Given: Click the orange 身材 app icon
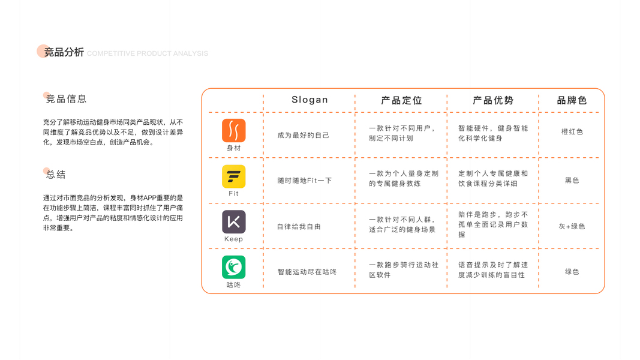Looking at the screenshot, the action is click(233, 130).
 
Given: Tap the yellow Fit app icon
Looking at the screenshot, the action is click(233, 176).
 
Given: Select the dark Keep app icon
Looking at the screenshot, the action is click(233, 222).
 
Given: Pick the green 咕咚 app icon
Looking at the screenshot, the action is click(233, 268).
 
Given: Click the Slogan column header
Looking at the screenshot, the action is click(310, 100).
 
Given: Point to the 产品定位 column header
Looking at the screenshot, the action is click(401, 100).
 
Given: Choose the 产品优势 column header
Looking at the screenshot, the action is click(493, 100).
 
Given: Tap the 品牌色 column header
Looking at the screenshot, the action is click(572, 100).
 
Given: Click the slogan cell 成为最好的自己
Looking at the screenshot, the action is click(304, 135).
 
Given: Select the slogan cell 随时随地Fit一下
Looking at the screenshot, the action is click(305, 181).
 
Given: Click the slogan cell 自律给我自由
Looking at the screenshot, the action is click(299, 226).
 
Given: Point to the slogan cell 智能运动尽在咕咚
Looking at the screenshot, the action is click(307, 272).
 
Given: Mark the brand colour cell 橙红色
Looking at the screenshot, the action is click(572, 131).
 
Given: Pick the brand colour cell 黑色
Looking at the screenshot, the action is click(572, 180).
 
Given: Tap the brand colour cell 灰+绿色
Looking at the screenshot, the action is click(572, 226).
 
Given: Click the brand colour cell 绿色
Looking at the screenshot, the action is click(572, 272).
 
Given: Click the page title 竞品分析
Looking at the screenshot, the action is click(64, 52).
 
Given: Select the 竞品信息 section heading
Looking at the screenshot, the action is click(66, 99).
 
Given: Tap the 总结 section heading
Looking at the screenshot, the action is click(56, 175).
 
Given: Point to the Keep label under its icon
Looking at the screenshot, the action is click(233, 239).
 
